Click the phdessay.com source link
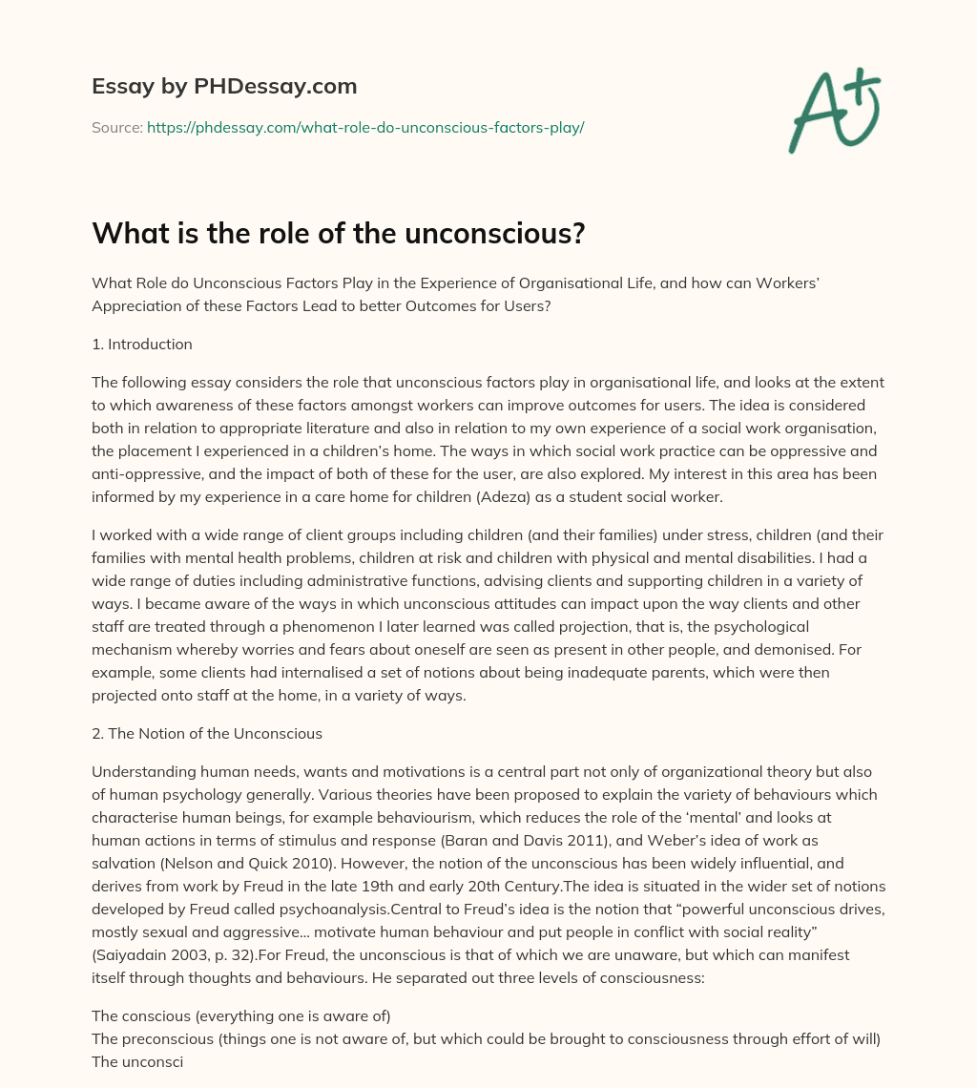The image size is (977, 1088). [365, 127]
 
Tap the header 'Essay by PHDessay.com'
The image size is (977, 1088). [224, 87]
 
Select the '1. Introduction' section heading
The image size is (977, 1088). [142, 344]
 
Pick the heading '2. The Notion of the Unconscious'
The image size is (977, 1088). [206, 734]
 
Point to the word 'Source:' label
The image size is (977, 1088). [116, 127]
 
